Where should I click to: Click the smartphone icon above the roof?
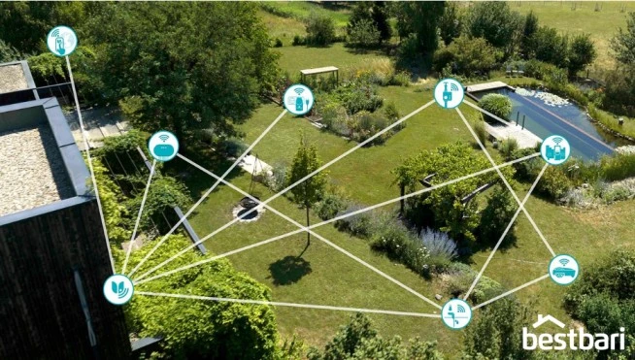coord(62,41)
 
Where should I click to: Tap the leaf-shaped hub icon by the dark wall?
coord(118,289)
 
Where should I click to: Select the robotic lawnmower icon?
coord(563,270)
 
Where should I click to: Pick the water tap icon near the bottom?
coord(456,313)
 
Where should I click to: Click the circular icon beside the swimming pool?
coord(555,149)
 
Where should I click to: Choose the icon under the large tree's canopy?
coord(163,146)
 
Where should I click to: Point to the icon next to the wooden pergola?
coord(298,99)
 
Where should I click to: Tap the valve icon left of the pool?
coord(449,93)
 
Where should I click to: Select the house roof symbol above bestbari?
coord(549,321)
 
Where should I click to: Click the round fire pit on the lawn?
coord(249,209)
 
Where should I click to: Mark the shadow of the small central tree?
coord(290,269)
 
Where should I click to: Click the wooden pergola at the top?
coord(319,71)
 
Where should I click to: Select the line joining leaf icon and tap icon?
coord(291,302)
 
